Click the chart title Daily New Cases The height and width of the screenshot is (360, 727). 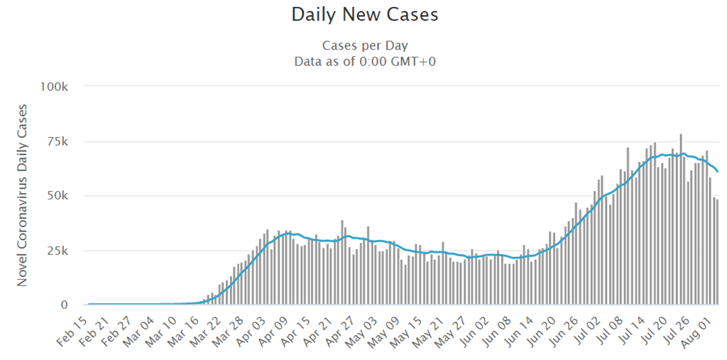[364, 14]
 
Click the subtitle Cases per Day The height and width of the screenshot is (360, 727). [364, 45]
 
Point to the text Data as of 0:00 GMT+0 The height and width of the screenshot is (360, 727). [364, 61]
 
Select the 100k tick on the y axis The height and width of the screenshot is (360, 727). [54, 87]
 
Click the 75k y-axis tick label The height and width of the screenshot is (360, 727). [57, 141]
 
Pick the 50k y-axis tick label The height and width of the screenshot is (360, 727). [57, 196]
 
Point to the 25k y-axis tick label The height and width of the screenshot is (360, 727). [57, 251]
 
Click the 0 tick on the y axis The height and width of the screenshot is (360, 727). [63, 305]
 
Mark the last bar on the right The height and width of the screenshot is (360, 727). [718, 252]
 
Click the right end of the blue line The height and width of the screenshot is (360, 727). [718, 171]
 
